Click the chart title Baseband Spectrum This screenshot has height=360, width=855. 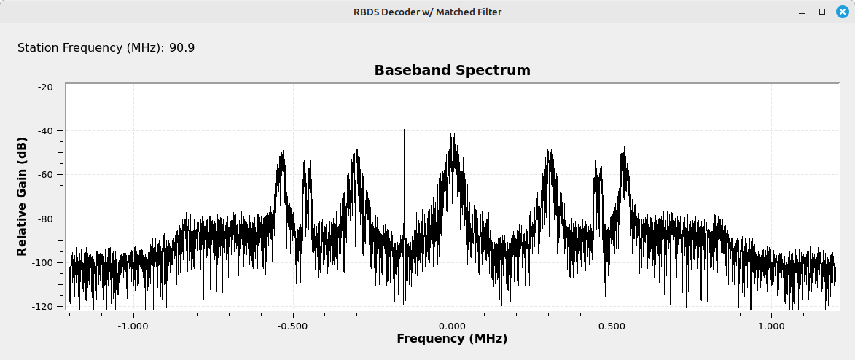click(452, 71)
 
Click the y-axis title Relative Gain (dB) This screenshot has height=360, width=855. click(22, 196)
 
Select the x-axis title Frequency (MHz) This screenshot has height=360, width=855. click(452, 339)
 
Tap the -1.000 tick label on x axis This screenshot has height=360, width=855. click(133, 326)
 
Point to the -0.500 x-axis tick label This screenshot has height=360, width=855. click(293, 326)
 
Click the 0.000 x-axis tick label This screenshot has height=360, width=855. click(453, 326)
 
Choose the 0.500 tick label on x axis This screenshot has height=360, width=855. click(612, 326)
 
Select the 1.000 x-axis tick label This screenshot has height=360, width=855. click(772, 326)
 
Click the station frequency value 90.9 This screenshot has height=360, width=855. click(182, 48)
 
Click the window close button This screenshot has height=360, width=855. click(843, 12)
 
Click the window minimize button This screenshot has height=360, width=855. click(801, 12)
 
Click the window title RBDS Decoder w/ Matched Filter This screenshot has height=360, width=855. click(427, 12)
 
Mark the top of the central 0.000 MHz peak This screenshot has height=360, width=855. click(452, 133)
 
